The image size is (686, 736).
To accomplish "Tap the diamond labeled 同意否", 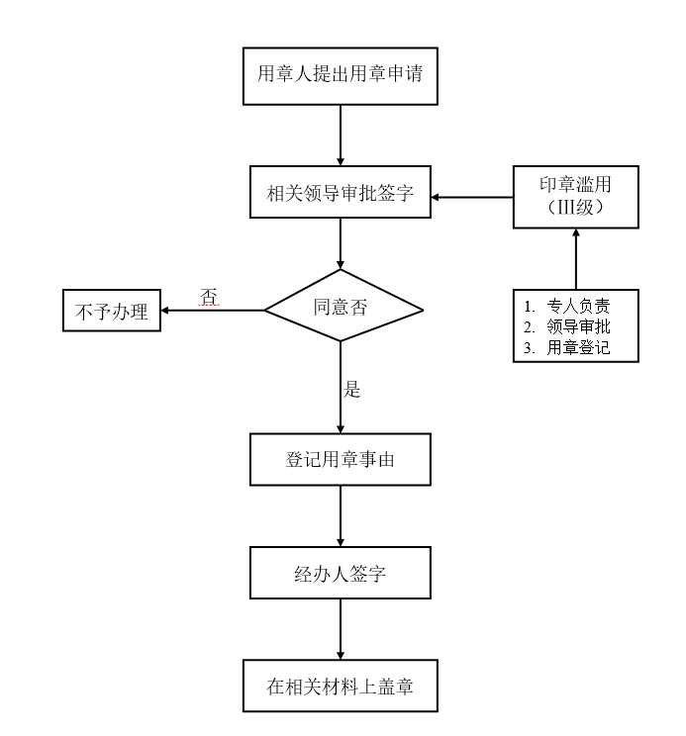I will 341,307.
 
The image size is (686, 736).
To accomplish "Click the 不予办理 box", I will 112,313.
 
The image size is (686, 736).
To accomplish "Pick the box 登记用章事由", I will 341,460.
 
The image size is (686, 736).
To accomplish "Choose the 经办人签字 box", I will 341,574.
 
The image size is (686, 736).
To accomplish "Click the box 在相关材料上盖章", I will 341,687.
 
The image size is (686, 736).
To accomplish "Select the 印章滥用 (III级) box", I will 575,197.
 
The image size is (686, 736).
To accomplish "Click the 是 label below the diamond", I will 351,389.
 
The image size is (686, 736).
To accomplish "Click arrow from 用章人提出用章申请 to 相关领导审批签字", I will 341,135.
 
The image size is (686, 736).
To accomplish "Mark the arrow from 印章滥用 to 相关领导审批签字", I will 471,197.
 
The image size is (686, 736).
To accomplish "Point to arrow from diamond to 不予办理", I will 213,311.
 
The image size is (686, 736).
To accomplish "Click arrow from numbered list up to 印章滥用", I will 575,259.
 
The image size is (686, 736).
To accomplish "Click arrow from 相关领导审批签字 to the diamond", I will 341,244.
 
